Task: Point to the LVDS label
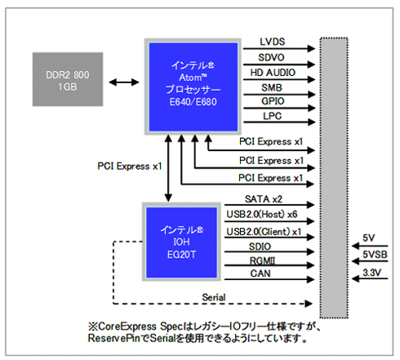point(273,42)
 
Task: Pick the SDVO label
point(273,57)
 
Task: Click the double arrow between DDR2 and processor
point(120,82)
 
